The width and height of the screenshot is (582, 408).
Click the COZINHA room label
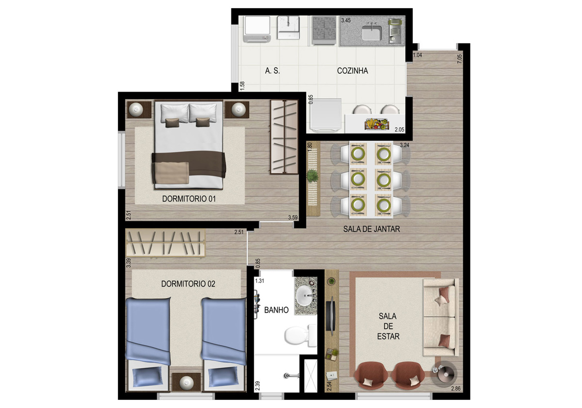[352, 71]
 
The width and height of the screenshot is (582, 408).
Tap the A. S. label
[272, 71]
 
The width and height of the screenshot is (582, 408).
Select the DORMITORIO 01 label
[189, 199]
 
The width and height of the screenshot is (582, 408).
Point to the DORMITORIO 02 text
[188, 284]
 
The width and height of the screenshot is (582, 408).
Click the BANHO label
[276, 310]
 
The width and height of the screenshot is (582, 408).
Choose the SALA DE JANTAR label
[372, 229]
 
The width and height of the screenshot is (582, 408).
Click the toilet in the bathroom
[300, 336]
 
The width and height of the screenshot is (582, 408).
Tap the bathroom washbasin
[306, 296]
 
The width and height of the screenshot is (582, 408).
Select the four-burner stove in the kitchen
[324, 31]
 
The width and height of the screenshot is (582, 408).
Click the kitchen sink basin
[372, 33]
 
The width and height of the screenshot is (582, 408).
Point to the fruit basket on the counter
[376, 124]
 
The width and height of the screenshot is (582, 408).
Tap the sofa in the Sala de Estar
[441, 317]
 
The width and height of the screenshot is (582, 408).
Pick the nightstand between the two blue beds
[186, 382]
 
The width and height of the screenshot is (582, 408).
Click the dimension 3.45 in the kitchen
[346, 20]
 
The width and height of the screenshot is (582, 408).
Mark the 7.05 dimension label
[460, 59]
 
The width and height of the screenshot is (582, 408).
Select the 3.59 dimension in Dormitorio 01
[293, 218]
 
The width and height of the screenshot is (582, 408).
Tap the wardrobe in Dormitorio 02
[165, 243]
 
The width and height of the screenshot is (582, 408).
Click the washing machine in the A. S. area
[257, 29]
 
